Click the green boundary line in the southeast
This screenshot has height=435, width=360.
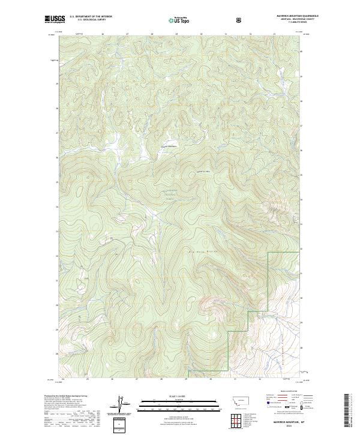click(268, 282)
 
